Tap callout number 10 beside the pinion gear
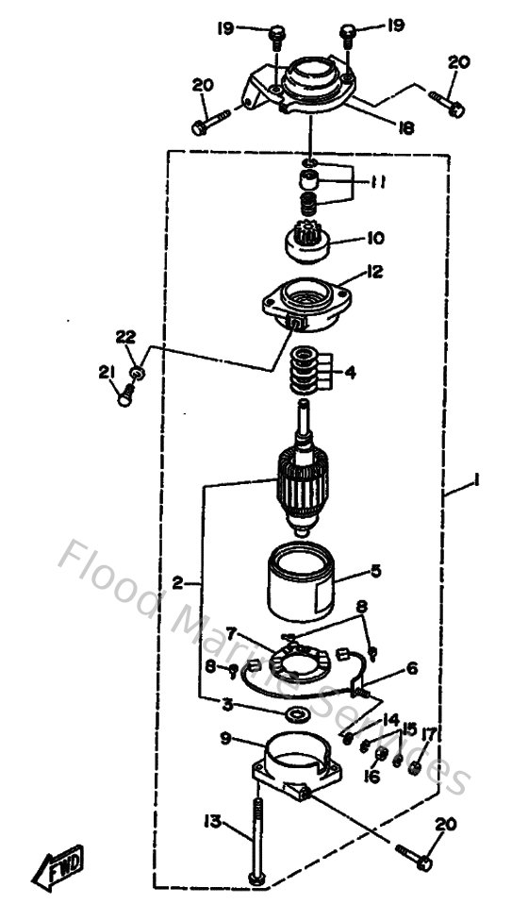[x=349, y=239]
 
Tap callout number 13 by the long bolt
[x=212, y=823]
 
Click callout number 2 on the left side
[x=178, y=582]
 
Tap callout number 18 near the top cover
[x=405, y=127]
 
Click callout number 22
[x=125, y=337]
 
